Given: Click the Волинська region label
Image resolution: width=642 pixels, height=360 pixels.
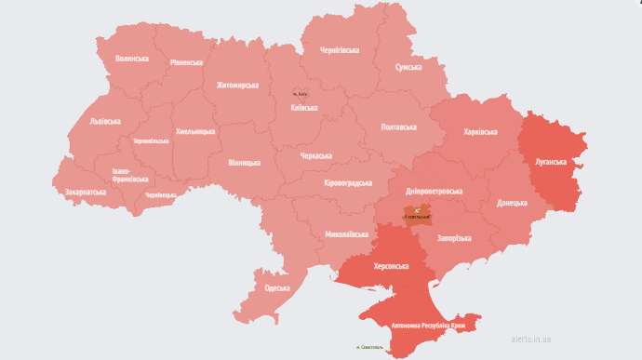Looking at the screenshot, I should (x=132, y=59).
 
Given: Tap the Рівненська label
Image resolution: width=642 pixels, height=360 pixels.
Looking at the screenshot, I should (x=186, y=62).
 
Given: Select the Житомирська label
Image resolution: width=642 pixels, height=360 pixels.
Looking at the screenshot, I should (x=237, y=86).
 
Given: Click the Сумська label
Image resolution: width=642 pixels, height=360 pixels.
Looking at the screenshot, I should (x=410, y=68).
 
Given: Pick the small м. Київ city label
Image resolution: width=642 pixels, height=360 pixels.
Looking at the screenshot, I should (x=301, y=94).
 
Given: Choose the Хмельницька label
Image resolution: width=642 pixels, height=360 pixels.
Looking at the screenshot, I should (x=195, y=131).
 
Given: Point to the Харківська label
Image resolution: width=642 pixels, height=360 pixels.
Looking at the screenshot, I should (x=480, y=132).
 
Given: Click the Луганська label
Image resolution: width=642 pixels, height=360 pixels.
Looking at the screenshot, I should (x=550, y=161).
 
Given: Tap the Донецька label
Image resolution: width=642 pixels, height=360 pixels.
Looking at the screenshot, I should (x=512, y=201).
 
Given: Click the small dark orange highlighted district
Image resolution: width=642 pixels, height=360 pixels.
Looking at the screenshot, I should (x=419, y=216).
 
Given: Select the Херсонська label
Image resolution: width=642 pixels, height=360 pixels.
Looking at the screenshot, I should (x=391, y=266).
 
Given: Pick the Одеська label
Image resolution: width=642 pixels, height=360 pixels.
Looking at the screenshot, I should (x=277, y=288).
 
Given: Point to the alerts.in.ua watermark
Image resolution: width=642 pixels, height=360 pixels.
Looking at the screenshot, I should (x=531, y=340).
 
